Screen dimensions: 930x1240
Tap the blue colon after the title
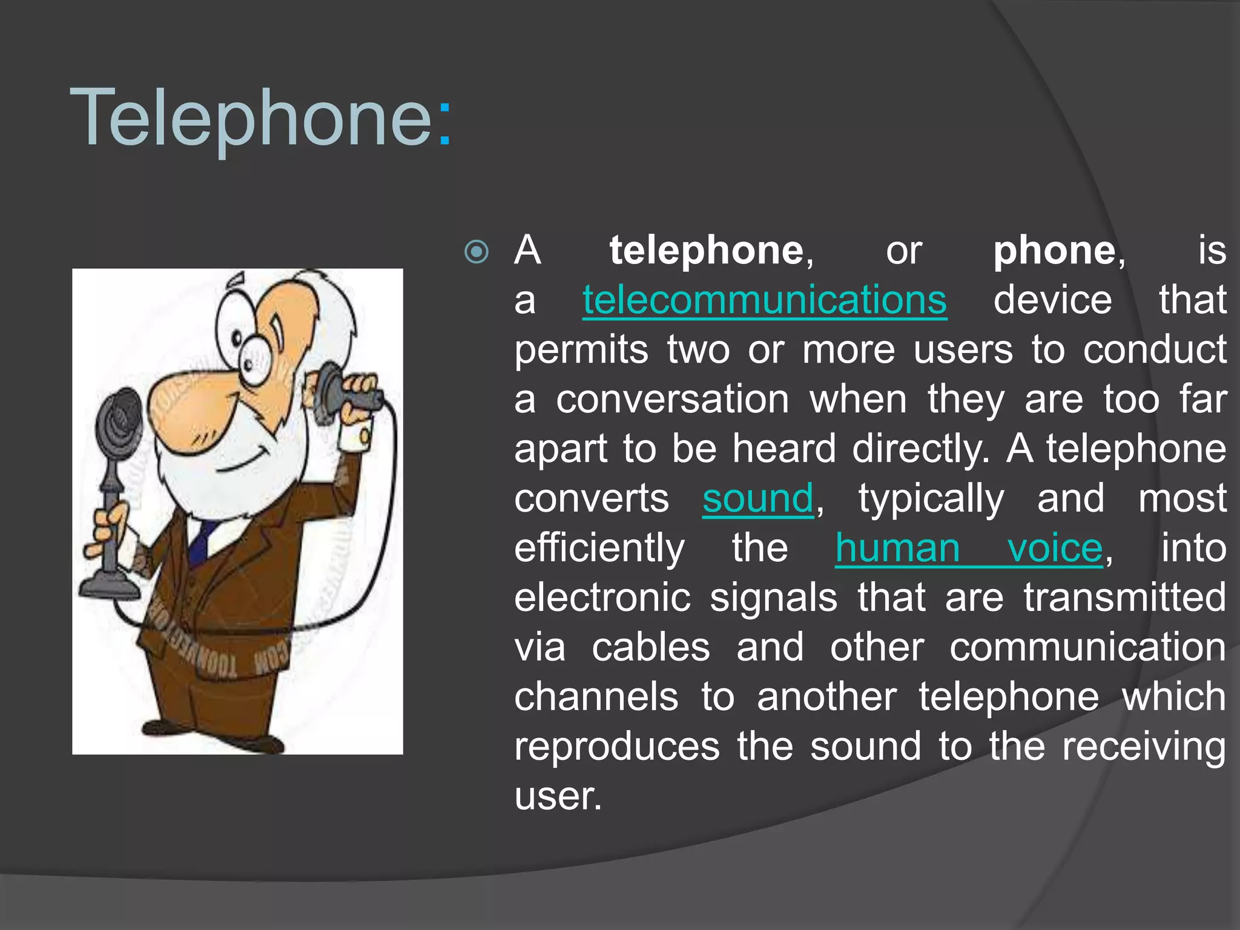coord(444,125)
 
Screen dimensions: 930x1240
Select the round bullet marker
coord(477,252)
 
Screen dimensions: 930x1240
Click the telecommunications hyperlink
coord(764,300)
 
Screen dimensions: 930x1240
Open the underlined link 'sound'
coord(757,499)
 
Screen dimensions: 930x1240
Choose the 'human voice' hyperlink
coord(968,549)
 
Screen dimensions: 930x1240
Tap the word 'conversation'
coord(672,400)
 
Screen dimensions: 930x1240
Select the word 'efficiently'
coord(599,549)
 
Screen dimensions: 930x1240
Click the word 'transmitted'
coord(1124,598)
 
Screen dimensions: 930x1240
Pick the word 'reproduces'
coord(616,747)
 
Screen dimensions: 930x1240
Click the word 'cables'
coord(650,648)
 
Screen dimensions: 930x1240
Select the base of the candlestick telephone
coord(110,587)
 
